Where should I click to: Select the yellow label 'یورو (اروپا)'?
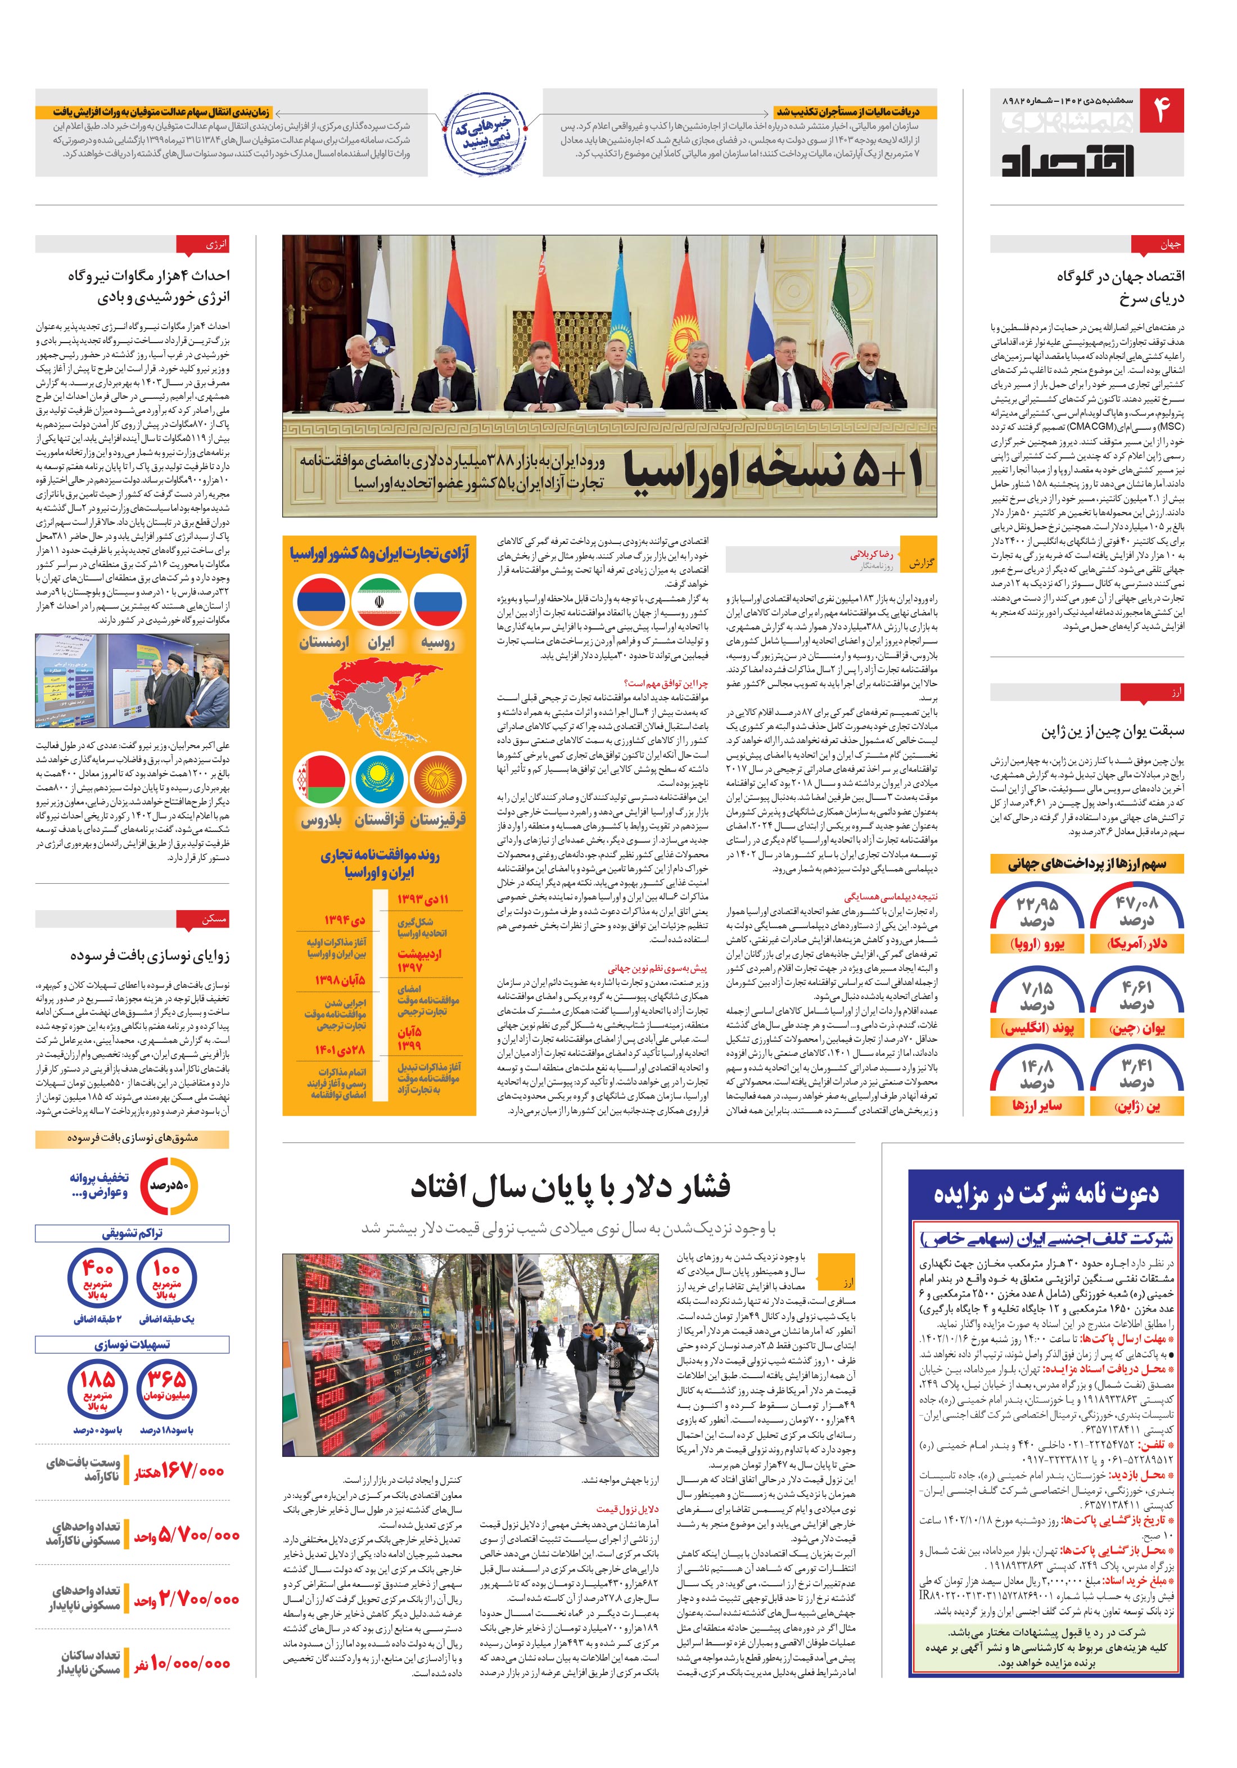tap(1037, 944)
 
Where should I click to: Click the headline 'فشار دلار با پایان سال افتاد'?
tap(570, 1186)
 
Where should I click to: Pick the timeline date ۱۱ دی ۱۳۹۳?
tap(423, 899)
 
